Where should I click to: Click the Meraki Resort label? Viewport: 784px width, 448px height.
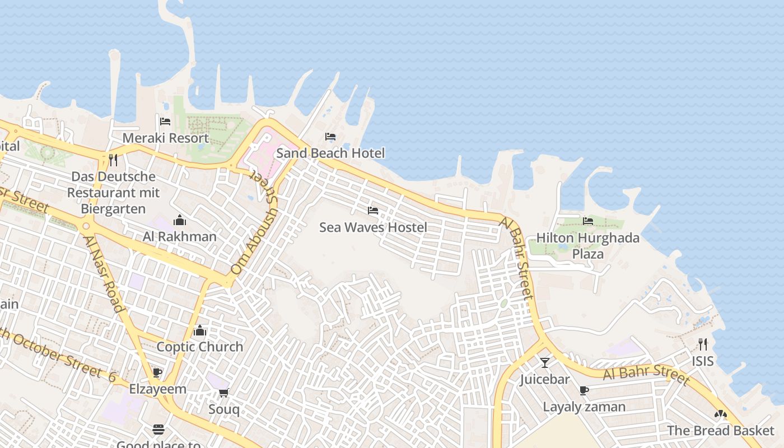click(x=165, y=138)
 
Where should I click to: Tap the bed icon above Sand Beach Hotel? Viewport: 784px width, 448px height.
click(x=330, y=137)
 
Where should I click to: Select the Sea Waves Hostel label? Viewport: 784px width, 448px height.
click(x=373, y=227)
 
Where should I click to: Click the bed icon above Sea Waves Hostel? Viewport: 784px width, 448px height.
click(x=373, y=211)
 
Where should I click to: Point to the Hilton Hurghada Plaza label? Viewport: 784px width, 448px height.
click(x=588, y=245)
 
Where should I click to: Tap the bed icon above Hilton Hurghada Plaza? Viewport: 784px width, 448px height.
click(x=588, y=221)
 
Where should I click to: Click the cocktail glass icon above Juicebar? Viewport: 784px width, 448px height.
click(x=544, y=362)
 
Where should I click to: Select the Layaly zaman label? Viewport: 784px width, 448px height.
click(x=584, y=407)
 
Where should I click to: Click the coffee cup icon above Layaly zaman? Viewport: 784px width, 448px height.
click(x=584, y=390)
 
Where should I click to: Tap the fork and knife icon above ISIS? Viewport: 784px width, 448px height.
click(x=703, y=344)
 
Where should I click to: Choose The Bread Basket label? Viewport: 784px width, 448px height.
click(x=721, y=431)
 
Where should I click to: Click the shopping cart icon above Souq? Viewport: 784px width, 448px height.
click(x=224, y=393)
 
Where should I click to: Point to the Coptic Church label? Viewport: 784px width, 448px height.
click(x=200, y=347)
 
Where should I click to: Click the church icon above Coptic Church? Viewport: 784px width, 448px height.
click(x=200, y=330)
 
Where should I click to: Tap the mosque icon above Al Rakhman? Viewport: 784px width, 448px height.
click(x=180, y=220)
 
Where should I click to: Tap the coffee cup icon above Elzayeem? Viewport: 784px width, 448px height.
click(x=158, y=372)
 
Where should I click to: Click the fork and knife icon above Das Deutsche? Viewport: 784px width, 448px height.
click(x=114, y=160)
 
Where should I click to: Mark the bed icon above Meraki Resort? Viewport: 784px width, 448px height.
click(x=165, y=121)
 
